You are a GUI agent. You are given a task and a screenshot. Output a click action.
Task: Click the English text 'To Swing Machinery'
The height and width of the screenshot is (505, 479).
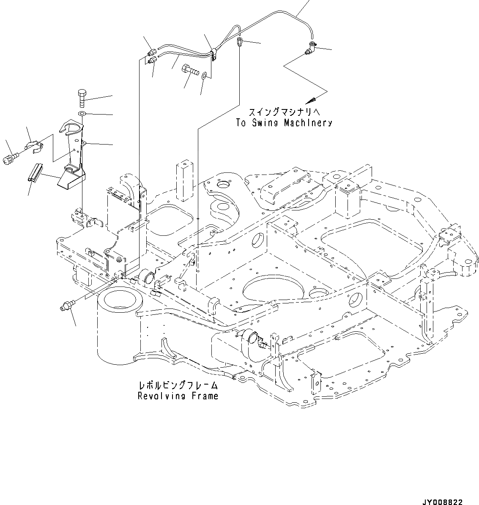click(283, 123)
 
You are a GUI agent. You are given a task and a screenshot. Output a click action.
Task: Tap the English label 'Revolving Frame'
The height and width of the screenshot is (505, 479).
click(178, 396)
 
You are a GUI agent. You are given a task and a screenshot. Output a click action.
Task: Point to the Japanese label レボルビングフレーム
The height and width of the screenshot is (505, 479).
click(178, 385)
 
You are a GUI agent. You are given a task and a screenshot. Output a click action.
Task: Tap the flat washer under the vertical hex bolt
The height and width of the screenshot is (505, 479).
click(82, 114)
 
